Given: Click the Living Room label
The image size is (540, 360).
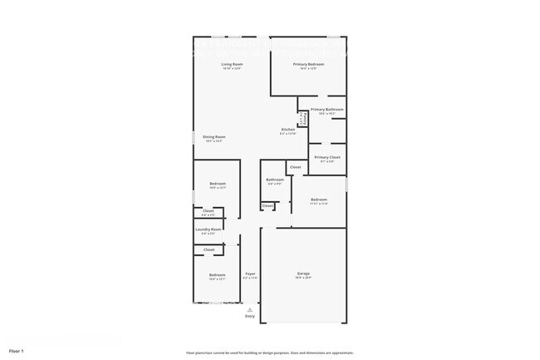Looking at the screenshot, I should tap(232, 64).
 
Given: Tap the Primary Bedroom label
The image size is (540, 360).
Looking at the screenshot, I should tap(308, 64).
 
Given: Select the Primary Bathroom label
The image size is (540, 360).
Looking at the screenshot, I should tap(327, 109).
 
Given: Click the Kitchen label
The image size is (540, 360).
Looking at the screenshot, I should tap(287, 130).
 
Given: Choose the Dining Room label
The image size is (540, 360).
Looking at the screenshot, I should tap(214, 137).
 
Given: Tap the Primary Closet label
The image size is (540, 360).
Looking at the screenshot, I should tap(327, 156).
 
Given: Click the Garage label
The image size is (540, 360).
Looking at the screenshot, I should tap(303, 273).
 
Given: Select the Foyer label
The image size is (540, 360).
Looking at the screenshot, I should tap(250, 274).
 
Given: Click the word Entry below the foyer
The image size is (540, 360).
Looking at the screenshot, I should tap(250, 316).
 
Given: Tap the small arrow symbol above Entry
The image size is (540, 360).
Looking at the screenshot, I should tap(250, 309).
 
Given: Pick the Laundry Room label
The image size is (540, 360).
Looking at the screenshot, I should tap(209, 229).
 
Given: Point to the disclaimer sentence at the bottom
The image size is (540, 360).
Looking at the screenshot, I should tap(270, 352).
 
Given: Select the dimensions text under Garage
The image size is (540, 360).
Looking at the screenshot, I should tap(303, 278).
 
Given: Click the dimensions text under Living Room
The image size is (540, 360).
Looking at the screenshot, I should tap(232, 69).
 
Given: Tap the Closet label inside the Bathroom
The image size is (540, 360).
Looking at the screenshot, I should tap(268, 205).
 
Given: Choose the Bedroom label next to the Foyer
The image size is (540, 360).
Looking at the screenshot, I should tap(217, 274).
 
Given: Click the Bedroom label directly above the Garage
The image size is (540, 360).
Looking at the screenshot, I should tap(319, 200).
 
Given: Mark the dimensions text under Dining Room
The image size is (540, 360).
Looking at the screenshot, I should tap(214, 142).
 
